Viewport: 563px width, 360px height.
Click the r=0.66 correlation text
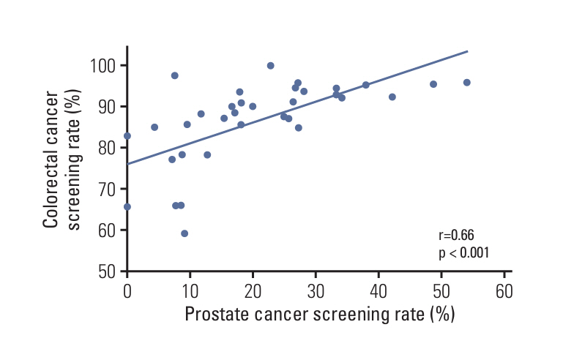pyautogui.click(x=456, y=236)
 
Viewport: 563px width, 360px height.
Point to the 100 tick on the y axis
pyautogui.click(x=105, y=66)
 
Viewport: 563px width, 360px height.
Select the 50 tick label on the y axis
pyautogui.click(x=109, y=271)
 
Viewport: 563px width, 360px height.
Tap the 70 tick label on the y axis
pyautogui.click(x=109, y=189)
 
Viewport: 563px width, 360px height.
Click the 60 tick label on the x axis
pyautogui.click(x=504, y=290)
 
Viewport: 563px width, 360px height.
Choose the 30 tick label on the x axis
pyautogui.click(x=316, y=290)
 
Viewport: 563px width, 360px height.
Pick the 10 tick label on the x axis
pyautogui.click(x=190, y=290)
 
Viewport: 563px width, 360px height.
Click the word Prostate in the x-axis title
pyautogui.click(x=217, y=315)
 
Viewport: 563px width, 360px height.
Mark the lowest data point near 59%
pyautogui.click(x=184, y=233)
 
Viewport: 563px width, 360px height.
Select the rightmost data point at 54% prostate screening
pyautogui.click(x=466, y=83)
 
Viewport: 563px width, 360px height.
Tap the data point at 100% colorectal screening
pyautogui.click(x=270, y=66)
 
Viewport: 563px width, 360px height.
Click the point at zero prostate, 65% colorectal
pyautogui.click(x=127, y=207)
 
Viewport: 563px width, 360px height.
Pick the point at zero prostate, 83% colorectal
pyautogui.click(x=127, y=136)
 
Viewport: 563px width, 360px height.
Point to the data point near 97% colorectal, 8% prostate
pyautogui.click(x=174, y=75)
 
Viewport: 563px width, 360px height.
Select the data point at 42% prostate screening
pyautogui.click(x=392, y=97)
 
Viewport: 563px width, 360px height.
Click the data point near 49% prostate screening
pyautogui.click(x=433, y=84)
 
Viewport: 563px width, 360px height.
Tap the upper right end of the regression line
pyautogui.click(x=467, y=51)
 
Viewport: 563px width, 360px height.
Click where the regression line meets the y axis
pyautogui.click(x=127, y=164)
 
